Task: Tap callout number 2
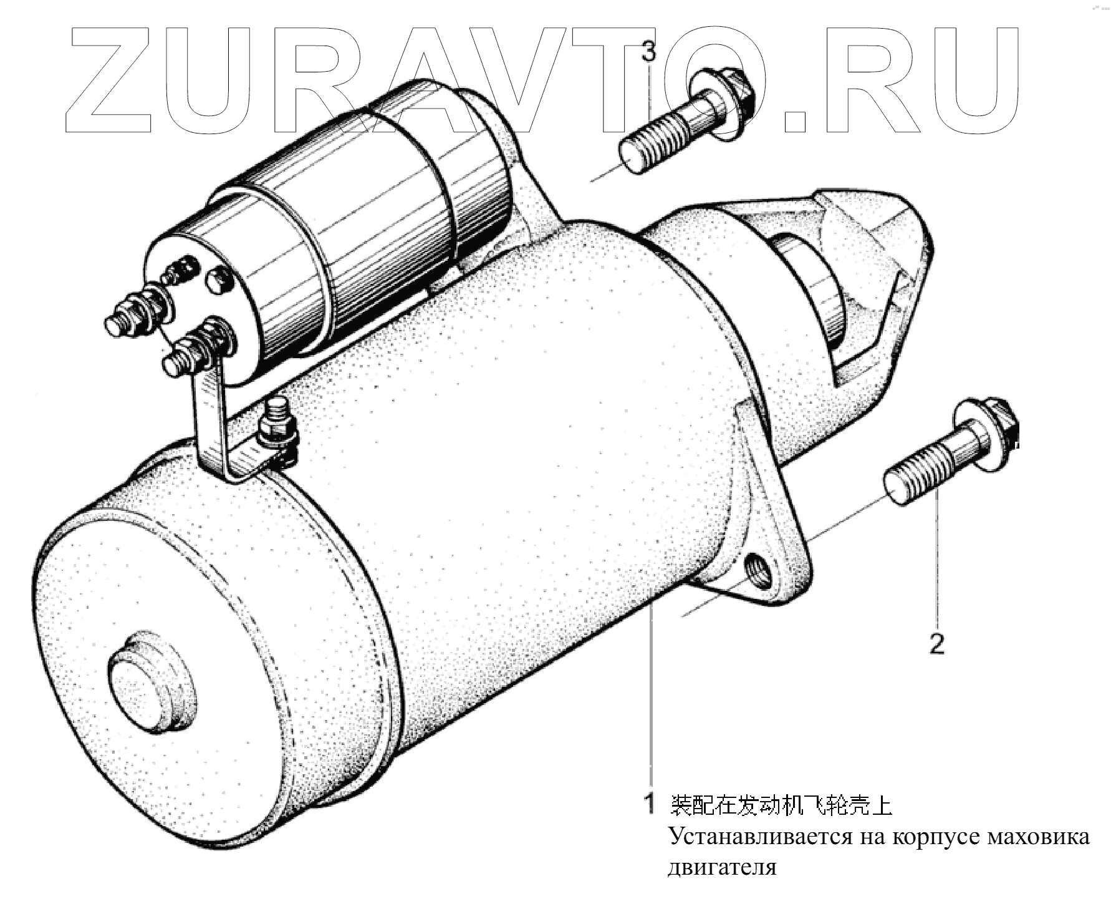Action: pyautogui.click(x=936, y=643)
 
